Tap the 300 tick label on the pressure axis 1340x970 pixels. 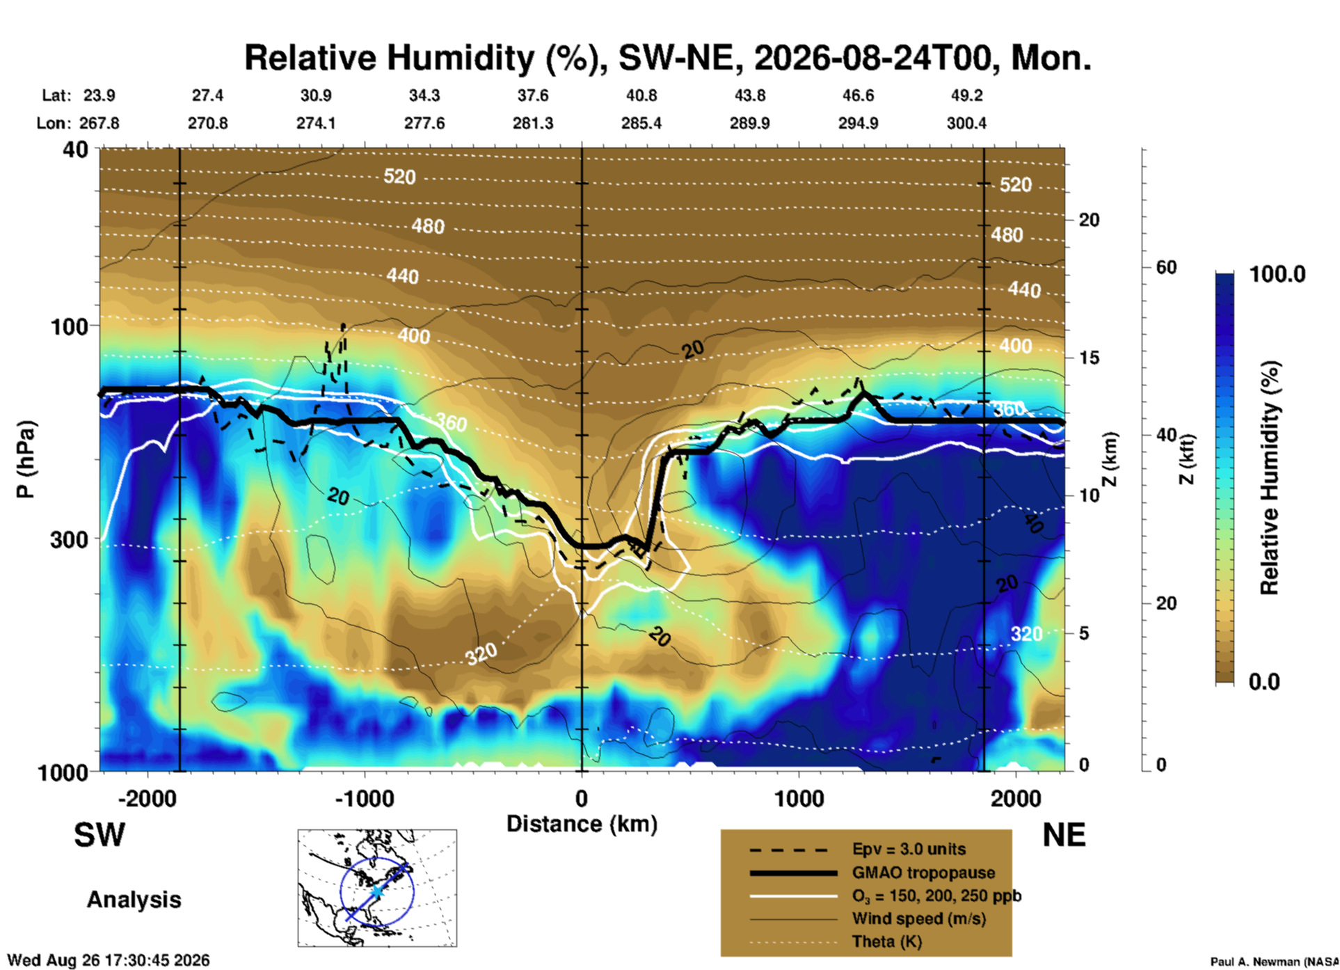tap(69, 539)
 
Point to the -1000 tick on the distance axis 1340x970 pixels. tap(365, 799)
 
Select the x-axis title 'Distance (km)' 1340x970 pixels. tap(582, 824)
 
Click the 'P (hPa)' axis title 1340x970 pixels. tap(25, 459)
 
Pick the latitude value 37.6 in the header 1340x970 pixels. tap(532, 95)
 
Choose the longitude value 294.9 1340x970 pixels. tap(858, 123)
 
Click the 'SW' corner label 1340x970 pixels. tap(99, 835)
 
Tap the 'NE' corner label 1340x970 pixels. tap(1064, 835)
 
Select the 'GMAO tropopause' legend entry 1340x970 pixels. tap(923, 873)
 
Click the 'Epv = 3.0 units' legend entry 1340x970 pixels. tap(909, 850)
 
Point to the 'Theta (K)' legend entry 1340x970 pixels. tap(886, 941)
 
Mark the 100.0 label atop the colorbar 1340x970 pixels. tap(1277, 274)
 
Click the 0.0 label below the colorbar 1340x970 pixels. tap(1264, 681)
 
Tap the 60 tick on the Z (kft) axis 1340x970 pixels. tap(1166, 267)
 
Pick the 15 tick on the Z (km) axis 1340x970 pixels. tap(1089, 358)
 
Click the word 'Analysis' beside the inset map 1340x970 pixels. tap(134, 900)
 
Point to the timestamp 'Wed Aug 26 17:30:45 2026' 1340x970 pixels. tap(109, 960)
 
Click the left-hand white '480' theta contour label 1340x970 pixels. tap(427, 226)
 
